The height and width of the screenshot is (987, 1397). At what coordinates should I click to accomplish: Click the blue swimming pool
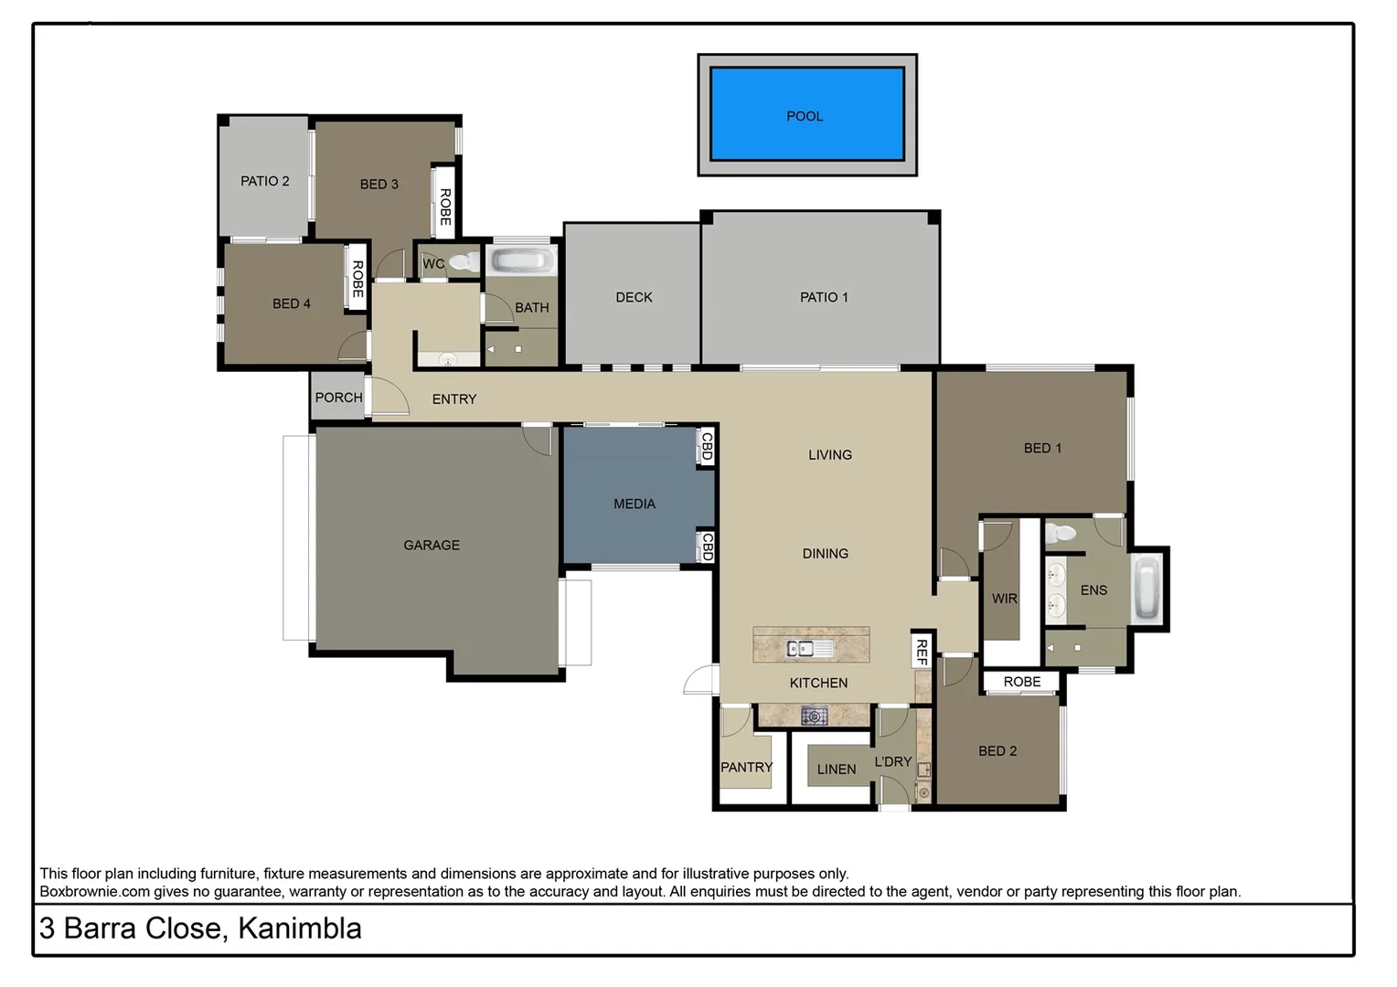pyautogui.click(x=806, y=114)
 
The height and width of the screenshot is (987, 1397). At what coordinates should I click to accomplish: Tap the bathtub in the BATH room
pyautogui.click(x=520, y=261)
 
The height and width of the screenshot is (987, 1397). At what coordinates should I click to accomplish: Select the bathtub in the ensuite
pyautogui.click(x=1146, y=589)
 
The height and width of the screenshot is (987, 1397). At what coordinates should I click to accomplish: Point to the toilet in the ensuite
pyautogui.click(x=1062, y=533)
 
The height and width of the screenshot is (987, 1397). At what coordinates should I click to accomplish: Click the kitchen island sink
pyautogui.click(x=800, y=649)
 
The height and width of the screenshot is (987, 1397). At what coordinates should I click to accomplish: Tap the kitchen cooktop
pyautogui.click(x=814, y=716)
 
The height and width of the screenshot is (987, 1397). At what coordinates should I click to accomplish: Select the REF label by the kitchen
pyautogui.click(x=922, y=652)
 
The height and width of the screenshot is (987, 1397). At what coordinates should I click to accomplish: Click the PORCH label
pyautogui.click(x=338, y=398)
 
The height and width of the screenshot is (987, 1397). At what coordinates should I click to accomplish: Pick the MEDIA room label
pyautogui.click(x=635, y=504)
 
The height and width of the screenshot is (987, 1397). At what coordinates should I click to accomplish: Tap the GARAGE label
pyautogui.click(x=432, y=545)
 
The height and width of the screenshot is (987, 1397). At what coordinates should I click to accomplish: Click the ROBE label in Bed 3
pyautogui.click(x=445, y=207)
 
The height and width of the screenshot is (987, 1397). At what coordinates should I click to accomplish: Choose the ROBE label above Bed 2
pyautogui.click(x=1021, y=682)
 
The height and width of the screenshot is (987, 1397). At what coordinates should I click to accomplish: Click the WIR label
pyautogui.click(x=1004, y=599)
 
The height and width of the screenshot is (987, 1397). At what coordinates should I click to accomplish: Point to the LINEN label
pyautogui.click(x=837, y=769)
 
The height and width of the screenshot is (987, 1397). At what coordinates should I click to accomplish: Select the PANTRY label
pyautogui.click(x=746, y=767)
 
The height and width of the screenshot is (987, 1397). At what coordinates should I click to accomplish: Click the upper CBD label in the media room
pyautogui.click(x=706, y=446)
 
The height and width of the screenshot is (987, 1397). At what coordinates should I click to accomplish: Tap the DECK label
pyautogui.click(x=634, y=297)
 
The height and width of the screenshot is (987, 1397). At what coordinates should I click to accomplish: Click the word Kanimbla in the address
pyautogui.click(x=299, y=929)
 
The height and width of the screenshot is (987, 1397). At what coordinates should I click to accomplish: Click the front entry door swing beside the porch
pyautogui.click(x=391, y=398)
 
